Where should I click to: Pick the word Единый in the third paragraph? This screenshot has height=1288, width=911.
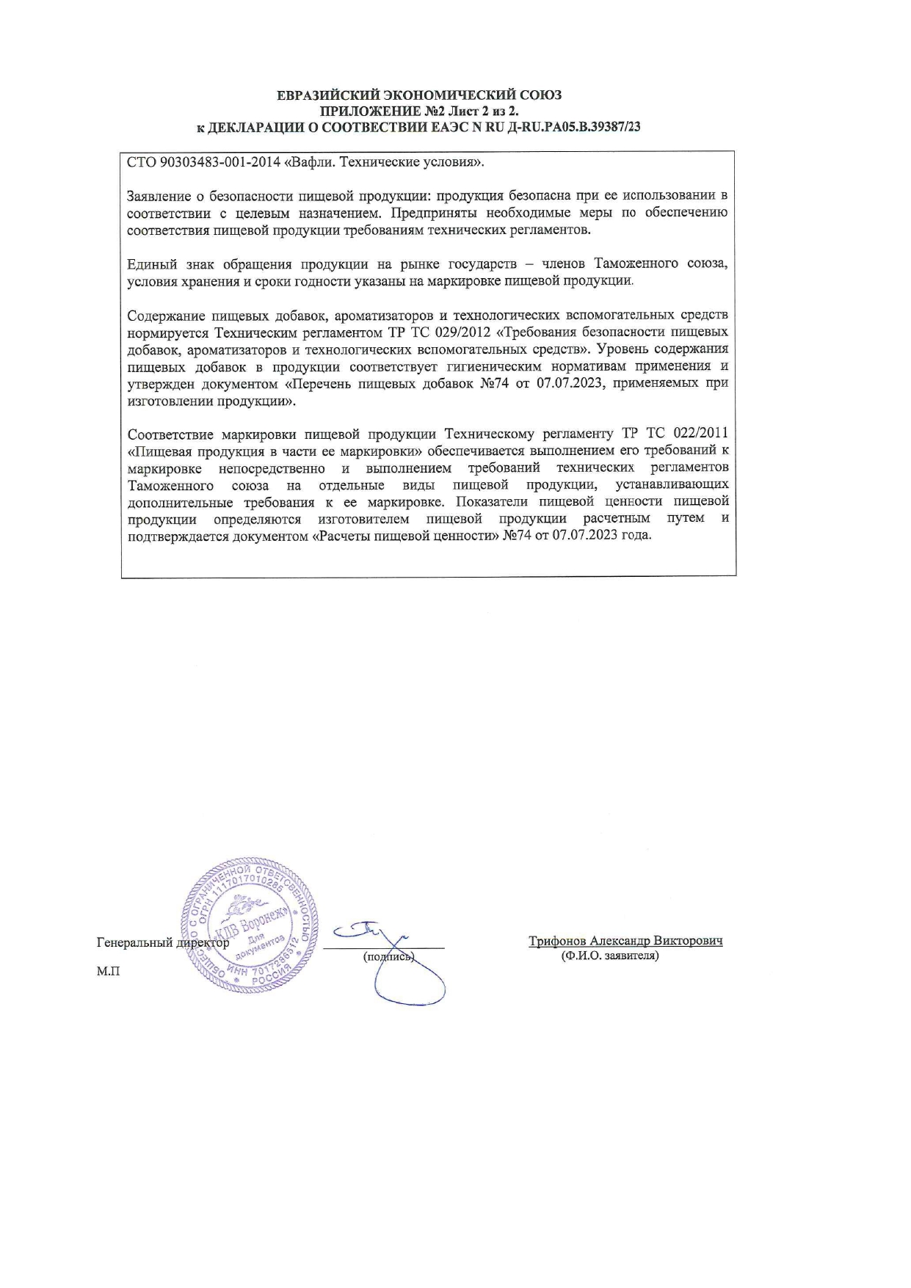pyautogui.click(x=150, y=264)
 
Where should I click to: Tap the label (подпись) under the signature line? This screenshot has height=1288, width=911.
pyautogui.click(x=389, y=957)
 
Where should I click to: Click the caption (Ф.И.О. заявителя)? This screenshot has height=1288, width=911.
pyautogui.click(x=609, y=956)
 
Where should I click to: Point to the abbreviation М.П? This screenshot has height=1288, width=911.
pyautogui.click(x=107, y=971)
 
